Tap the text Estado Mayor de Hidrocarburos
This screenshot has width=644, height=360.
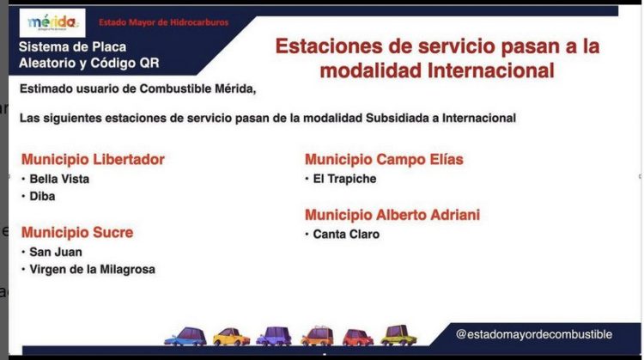click(x=163, y=22)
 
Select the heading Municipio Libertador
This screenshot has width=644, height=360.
click(x=93, y=160)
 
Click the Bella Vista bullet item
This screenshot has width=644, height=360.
click(x=59, y=180)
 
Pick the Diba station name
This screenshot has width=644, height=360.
click(x=42, y=197)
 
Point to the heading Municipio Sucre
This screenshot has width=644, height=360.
click(x=77, y=233)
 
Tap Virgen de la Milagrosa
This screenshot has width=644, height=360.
click(x=92, y=270)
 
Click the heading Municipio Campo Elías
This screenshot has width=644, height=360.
click(x=384, y=160)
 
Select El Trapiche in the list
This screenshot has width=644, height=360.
click(x=344, y=180)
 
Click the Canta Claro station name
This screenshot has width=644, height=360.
click(x=346, y=235)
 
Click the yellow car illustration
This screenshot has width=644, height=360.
click(x=232, y=336)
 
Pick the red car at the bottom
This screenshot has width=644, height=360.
click(x=358, y=337)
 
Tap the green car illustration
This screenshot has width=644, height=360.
click(x=398, y=335)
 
